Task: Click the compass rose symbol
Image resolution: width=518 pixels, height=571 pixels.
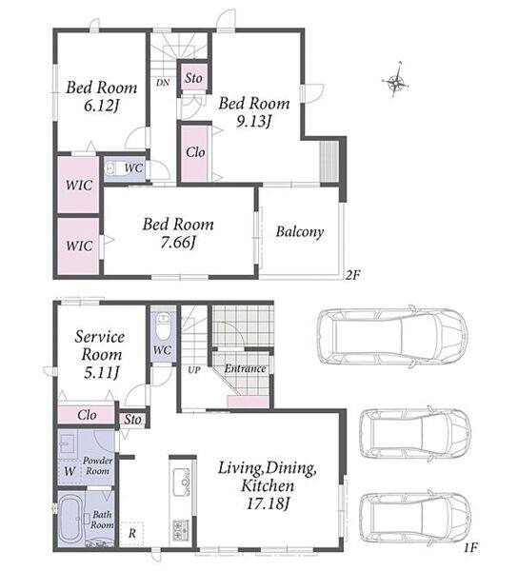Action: point(395,82)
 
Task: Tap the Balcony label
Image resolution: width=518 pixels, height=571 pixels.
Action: point(299,232)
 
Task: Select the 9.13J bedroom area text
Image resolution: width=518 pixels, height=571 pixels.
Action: point(254,122)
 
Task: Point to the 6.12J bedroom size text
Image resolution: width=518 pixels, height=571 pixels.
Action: point(102,106)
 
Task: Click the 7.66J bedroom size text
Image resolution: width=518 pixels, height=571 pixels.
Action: point(178,243)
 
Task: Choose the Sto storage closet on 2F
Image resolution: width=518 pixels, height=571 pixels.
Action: point(193,78)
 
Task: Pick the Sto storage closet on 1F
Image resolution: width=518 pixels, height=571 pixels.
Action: point(132,420)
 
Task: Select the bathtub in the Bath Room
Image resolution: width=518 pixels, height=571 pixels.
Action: point(71,519)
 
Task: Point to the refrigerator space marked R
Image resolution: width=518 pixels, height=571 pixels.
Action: point(131,534)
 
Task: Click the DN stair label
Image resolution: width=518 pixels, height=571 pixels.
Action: point(163,83)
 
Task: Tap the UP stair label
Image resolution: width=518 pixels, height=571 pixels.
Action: point(194,370)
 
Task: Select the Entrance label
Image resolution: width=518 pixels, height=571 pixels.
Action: point(245,369)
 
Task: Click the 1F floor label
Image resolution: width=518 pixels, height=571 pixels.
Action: point(470,548)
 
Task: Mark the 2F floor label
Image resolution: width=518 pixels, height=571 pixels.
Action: point(352,275)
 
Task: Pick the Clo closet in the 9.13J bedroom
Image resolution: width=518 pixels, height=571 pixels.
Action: point(195,153)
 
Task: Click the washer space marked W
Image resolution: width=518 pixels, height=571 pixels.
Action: point(70,472)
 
